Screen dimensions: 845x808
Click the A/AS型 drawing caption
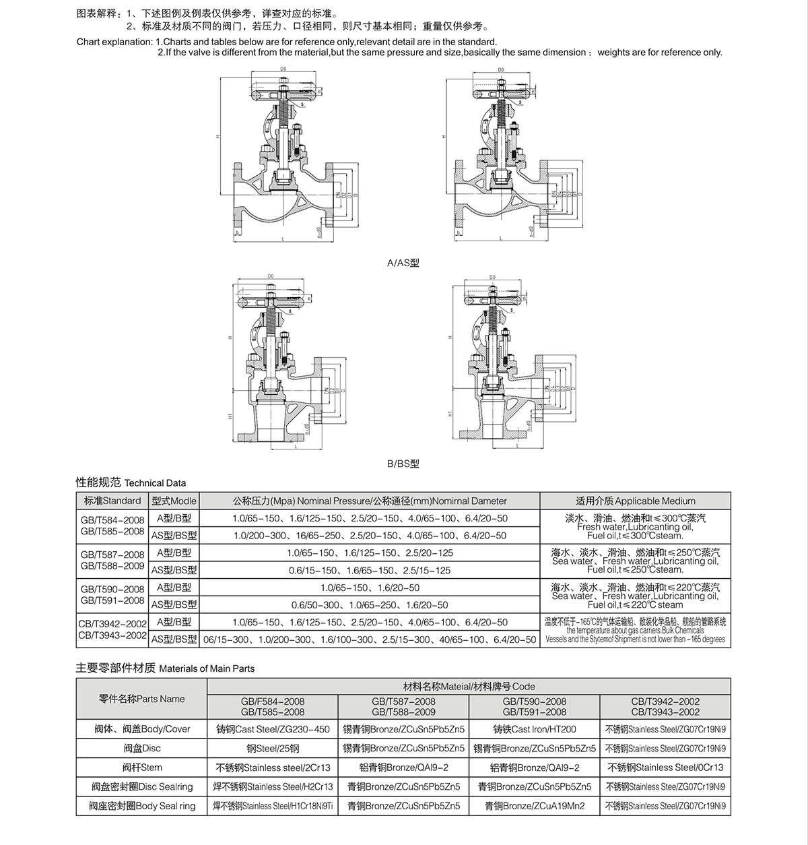point(403,263)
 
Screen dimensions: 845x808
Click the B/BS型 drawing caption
point(403,464)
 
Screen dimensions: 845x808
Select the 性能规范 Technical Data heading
point(131,482)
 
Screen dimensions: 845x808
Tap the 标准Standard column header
point(112,501)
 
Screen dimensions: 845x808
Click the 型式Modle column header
point(174,501)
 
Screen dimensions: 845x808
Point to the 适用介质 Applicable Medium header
point(635,501)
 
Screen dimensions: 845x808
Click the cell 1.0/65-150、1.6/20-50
point(370,588)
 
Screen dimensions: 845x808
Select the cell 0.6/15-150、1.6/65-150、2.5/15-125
point(370,570)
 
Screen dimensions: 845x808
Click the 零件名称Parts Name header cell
point(141,699)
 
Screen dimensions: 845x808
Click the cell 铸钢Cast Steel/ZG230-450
point(273,729)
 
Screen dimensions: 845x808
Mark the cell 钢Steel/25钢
point(273,748)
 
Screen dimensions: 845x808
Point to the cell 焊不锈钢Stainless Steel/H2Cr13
point(273,786)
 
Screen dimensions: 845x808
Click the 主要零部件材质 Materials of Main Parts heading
point(165,668)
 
